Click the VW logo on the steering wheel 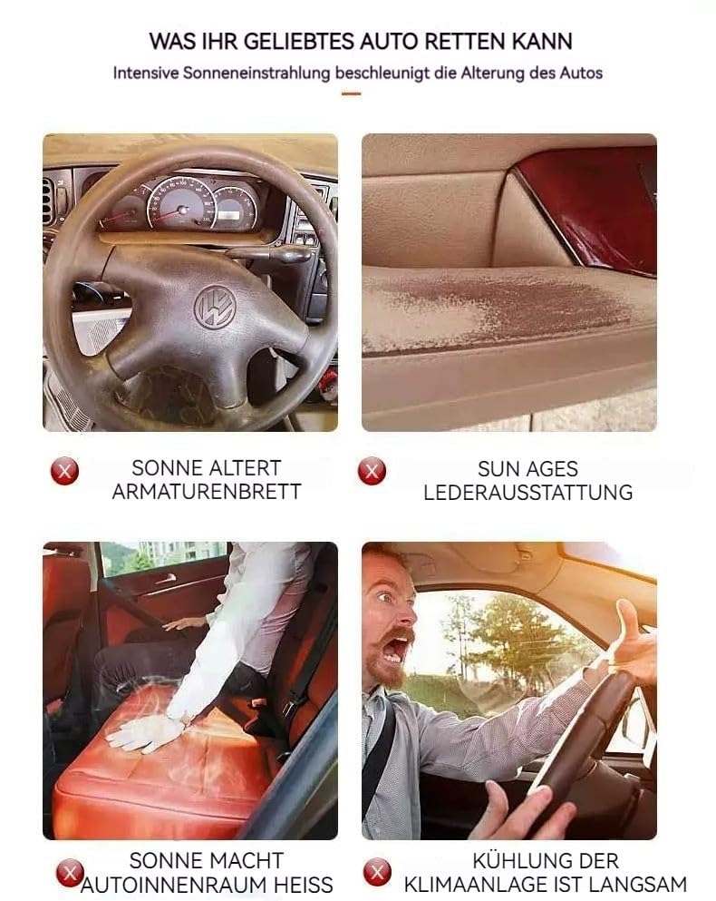[215, 307]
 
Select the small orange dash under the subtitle [351, 93]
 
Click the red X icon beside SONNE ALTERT [65, 471]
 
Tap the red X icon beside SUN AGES [372, 471]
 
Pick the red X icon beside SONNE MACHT [70, 873]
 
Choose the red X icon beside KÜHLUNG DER [377, 872]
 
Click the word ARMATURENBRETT [207, 492]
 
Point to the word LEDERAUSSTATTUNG [528, 493]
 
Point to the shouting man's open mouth [395, 648]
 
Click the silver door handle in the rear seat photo [165, 579]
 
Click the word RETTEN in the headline [465, 42]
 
